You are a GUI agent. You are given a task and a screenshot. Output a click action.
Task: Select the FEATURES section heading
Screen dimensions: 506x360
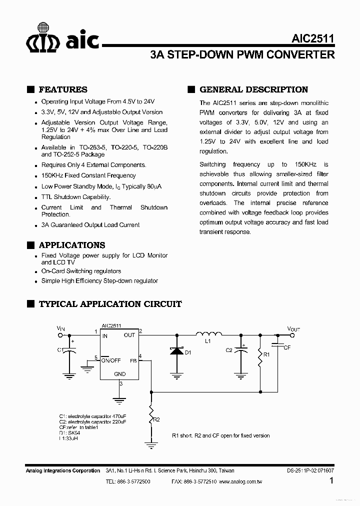[62, 89]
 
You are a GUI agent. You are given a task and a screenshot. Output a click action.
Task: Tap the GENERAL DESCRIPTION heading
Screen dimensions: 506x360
[253, 89]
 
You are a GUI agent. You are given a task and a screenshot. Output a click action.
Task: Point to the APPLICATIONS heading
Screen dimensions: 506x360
[71, 245]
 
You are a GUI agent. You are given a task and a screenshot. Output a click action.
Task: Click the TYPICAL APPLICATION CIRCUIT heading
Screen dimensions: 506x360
[110, 303]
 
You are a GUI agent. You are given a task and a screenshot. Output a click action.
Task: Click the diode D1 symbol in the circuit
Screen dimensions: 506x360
[176, 351]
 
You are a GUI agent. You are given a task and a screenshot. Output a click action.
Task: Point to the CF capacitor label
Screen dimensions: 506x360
[287, 347]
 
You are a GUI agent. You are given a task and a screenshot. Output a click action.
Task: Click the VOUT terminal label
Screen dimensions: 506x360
[293, 328]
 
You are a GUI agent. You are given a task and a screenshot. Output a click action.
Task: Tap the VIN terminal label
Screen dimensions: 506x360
[61, 328]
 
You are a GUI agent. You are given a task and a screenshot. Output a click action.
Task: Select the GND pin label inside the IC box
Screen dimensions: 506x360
[120, 373]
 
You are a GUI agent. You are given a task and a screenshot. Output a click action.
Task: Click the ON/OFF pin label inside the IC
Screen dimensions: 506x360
[111, 360]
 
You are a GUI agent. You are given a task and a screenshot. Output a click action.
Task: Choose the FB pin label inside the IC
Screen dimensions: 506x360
[133, 360]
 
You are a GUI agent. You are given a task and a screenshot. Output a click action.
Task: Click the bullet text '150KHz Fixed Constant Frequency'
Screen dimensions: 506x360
[88, 175]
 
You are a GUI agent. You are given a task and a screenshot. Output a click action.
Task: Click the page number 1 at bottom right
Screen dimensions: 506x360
[332, 481]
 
